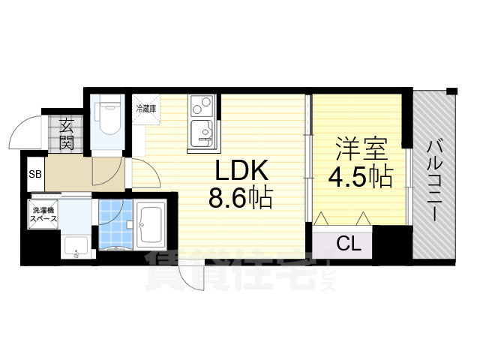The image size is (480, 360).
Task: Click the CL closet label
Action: (x=346, y=244)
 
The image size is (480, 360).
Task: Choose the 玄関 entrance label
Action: (x=67, y=133)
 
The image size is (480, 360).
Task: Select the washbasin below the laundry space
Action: (x=74, y=246)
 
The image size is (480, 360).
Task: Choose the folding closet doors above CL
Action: (x=343, y=220)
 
